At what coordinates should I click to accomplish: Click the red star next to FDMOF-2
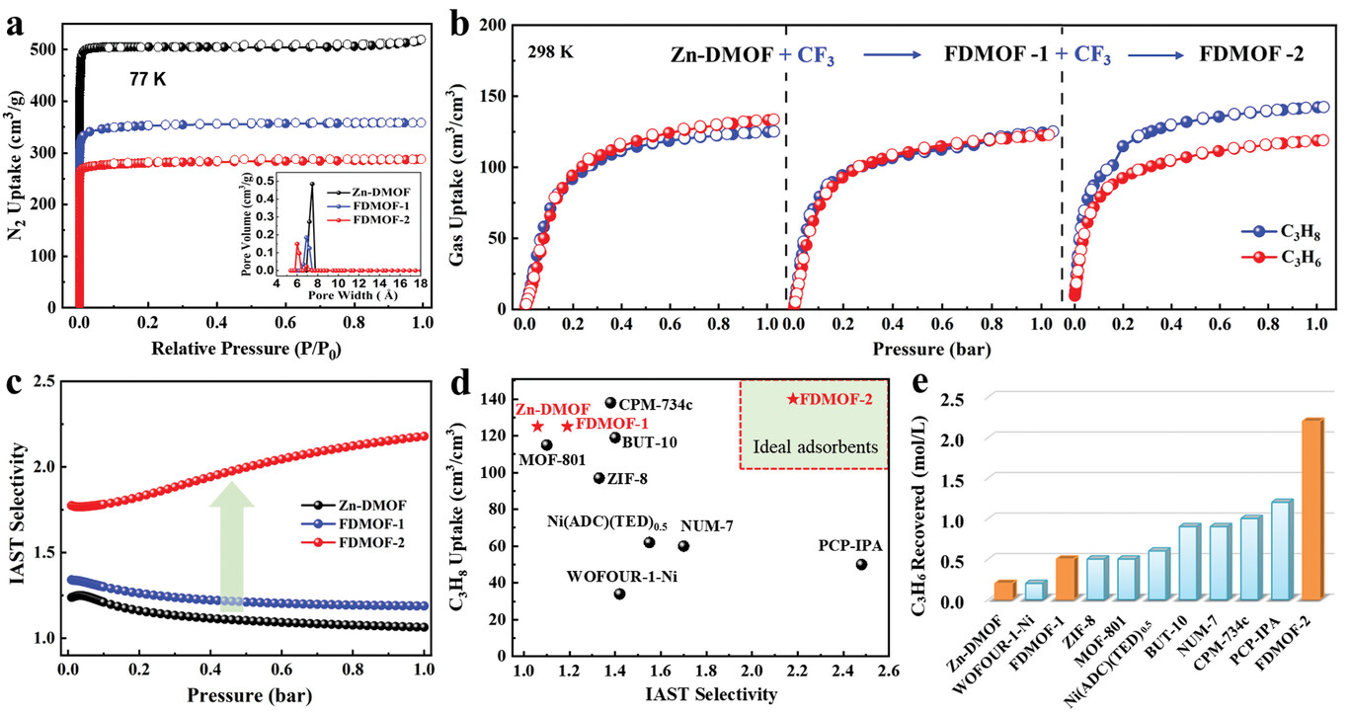click(793, 399)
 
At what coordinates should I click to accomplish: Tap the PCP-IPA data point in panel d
click(861, 564)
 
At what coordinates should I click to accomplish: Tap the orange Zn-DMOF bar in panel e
click(1004, 591)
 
